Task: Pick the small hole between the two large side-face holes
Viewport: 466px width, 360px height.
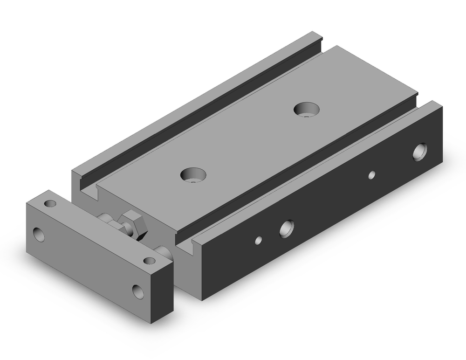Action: coord(371,175)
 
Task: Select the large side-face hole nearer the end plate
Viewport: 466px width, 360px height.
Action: coord(286,228)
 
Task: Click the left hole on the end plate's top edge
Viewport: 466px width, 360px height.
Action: coord(50,203)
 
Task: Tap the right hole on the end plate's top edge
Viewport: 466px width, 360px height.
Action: coord(149,261)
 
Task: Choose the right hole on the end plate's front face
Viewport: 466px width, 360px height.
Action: coord(138,291)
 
